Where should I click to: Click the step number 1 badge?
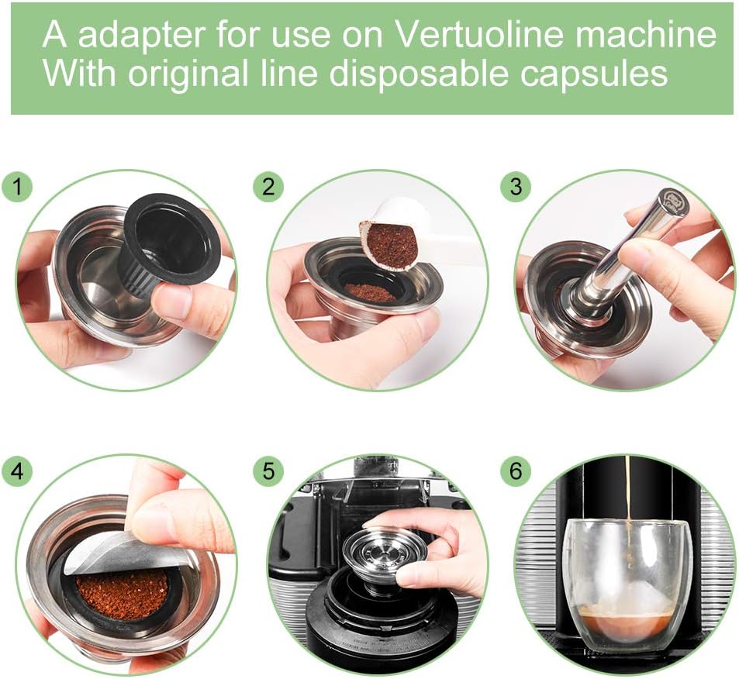tap(17, 188)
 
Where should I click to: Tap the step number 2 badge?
tap(268, 187)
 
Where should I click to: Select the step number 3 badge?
tap(516, 187)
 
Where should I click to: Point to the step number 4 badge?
tap(17, 470)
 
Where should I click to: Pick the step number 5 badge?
tap(268, 470)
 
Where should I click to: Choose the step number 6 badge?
tap(516, 470)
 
